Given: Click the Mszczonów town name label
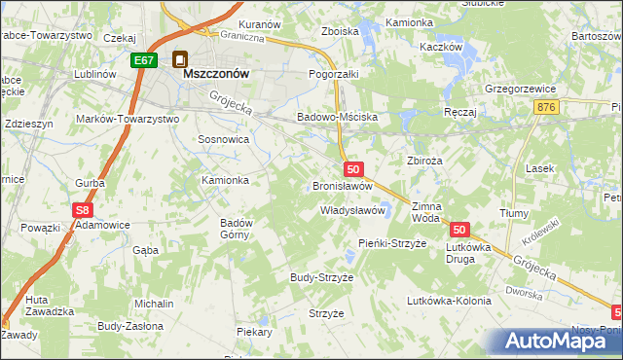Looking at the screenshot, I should (213, 73).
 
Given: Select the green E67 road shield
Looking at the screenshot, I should (144, 60).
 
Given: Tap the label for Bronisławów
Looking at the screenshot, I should (343, 185).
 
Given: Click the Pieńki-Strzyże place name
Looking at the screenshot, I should (393, 242).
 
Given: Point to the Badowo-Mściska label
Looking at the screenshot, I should (337, 117).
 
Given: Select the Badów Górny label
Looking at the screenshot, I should (237, 229).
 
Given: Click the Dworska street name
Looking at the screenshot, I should (523, 292).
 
